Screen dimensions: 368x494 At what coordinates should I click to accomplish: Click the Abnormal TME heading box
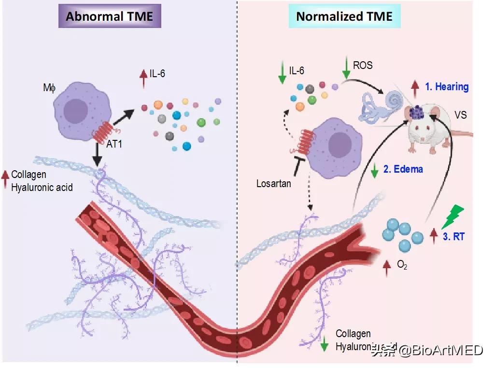click(x=109, y=16)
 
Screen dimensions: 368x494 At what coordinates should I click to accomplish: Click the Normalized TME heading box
click(x=344, y=16)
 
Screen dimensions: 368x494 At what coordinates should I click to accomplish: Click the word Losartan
click(x=274, y=183)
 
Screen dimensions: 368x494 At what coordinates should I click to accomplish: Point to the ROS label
click(x=363, y=65)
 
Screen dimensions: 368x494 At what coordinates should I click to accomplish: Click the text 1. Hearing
click(x=447, y=87)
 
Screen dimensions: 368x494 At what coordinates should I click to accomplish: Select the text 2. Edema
click(x=403, y=169)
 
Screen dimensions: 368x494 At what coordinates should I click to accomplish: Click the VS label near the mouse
click(x=461, y=116)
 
